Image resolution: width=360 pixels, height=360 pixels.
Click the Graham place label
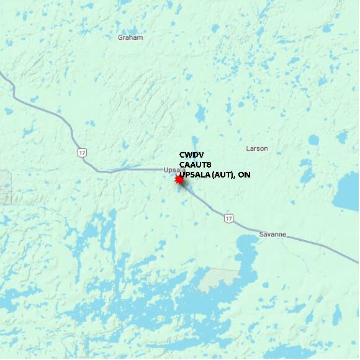(130, 37)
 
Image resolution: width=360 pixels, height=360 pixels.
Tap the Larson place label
(257, 148)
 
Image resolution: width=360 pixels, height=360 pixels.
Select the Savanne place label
(272, 234)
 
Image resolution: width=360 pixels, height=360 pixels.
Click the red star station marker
(179, 179)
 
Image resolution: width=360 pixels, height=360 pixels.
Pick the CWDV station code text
(191, 155)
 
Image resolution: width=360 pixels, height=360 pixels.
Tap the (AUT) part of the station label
(224, 175)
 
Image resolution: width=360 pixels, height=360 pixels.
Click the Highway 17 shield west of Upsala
(82, 152)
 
